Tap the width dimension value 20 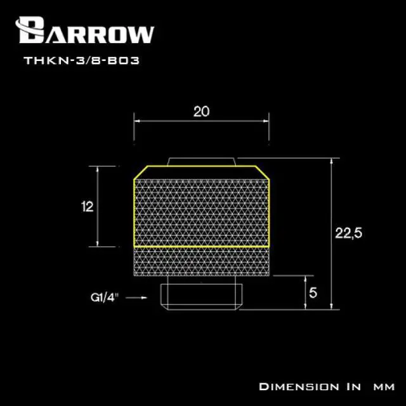(201, 112)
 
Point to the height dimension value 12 (88, 206)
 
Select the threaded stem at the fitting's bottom (202, 296)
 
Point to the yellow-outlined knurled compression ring (202, 206)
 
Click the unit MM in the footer (383, 386)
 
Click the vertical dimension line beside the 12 (98, 206)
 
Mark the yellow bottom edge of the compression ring (202, 246)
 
